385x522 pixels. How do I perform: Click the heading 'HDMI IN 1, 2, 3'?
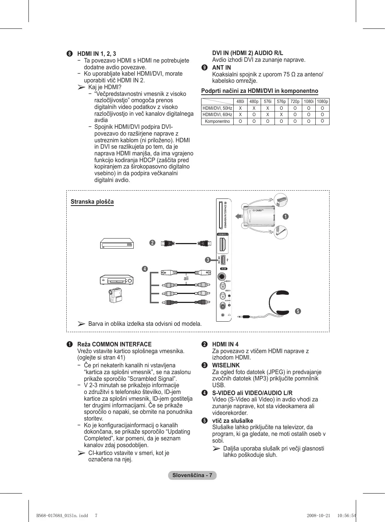(97, 54)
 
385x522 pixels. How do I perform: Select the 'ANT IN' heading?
(221, 67)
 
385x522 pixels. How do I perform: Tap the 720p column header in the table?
(295, 101)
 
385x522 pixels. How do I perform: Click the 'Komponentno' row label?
(217, 121)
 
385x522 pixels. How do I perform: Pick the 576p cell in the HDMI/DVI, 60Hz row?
(281, 115)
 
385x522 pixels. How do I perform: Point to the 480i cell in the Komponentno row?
(240, 121)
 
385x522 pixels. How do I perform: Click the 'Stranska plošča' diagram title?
(92, 202)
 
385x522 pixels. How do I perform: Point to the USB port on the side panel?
(223, 260)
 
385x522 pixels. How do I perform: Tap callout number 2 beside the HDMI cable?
(152, 243)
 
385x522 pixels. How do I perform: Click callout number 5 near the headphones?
(298, 311)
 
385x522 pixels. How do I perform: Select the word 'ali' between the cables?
(186, 278)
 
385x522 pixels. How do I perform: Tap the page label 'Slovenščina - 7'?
(192, 475)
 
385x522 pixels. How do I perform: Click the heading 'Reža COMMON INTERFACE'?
(114, 344)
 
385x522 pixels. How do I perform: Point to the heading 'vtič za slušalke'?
(233, 421)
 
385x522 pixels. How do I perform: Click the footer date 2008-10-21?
(318, 516)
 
